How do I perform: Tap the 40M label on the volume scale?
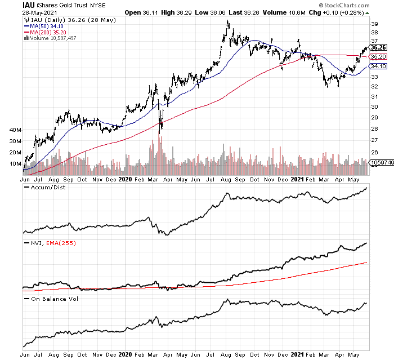15,130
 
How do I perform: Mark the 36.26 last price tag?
378,47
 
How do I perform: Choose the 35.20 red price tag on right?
378,57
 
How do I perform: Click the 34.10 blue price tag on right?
378,66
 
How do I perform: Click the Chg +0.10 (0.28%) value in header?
341,12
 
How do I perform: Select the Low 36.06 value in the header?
213,12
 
